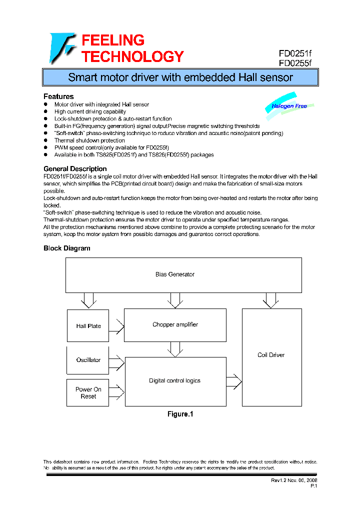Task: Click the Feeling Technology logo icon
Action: point(62,48)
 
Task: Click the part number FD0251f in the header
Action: point(294,54)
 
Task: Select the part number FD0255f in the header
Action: point(294,63)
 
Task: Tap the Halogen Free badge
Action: point(289,106)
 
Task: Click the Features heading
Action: point(58,96)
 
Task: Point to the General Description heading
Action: point(75,169)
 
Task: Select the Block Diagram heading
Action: point(67,248)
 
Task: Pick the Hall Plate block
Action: point(88,326)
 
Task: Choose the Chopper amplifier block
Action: point(175,325)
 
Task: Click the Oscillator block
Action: point(88,360)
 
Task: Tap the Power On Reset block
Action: point(88,393)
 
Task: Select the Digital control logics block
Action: point(174,381)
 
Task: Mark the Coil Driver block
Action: point(271,355)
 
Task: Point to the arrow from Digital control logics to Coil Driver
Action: point(233,381)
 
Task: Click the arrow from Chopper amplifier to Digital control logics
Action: point(175,348)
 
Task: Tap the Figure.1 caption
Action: point(179,414)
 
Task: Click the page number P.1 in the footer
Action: point(313,486)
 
